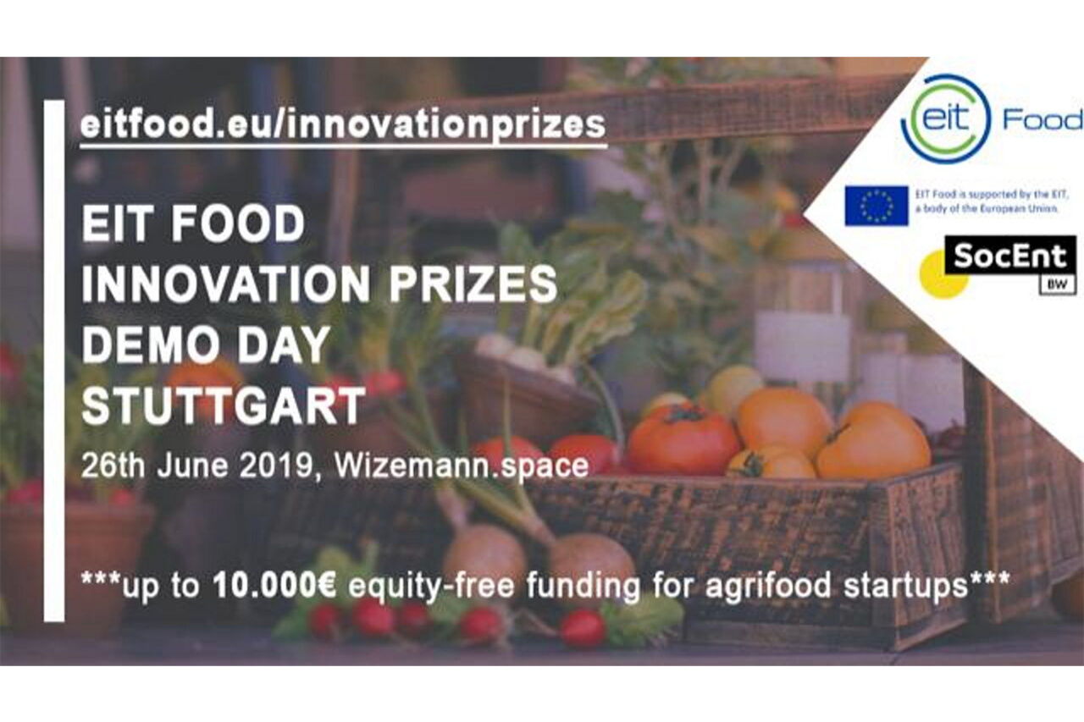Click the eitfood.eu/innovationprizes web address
click(x=343, y=125)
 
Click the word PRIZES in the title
click(x=473, y=284)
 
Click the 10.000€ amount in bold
click(x=274, y=585)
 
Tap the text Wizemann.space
click(x=462, y=466)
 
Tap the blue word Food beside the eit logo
click(x=1043, y=120)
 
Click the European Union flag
click(x=877, y=206)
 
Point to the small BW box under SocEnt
click(x=1058, y=284)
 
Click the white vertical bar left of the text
click(x=54, y=361)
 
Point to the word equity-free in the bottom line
click(x=431, y=587)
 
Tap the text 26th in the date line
click(x=113, y=466)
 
